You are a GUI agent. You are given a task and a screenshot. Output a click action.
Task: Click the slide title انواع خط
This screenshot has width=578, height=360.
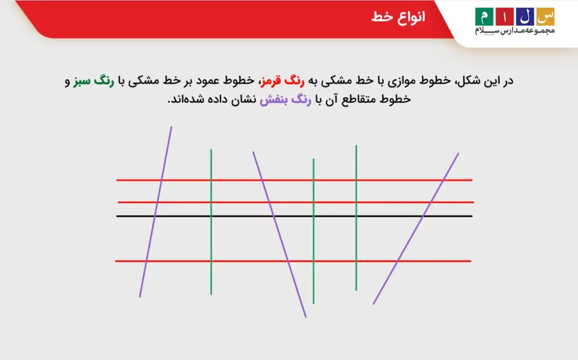pos(398,17)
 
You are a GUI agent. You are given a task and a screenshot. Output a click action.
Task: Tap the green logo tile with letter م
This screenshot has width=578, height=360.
pos(484,16)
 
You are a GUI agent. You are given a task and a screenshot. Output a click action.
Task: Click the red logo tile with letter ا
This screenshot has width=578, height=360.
pos(503,16)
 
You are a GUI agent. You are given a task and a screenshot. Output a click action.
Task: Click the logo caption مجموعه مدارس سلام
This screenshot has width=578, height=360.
pos(514,30)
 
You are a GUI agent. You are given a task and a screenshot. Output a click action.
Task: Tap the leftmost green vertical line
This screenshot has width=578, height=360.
pos(211,237)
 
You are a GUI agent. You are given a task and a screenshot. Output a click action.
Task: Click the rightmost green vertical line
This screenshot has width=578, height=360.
pos(356,237)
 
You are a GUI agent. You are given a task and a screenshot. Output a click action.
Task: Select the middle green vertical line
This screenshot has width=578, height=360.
pos(313,237)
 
